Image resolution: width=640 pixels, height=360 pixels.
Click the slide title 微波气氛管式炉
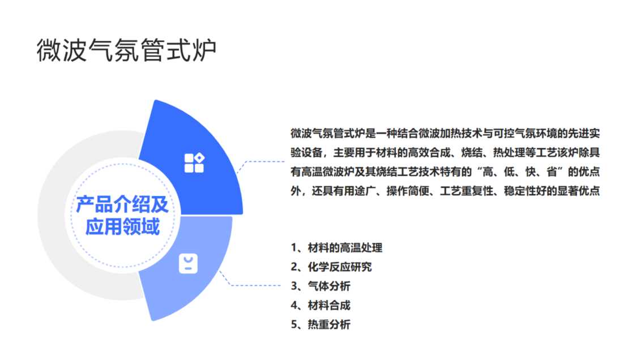pos(126,50)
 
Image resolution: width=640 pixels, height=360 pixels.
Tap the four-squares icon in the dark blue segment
pos(194,162)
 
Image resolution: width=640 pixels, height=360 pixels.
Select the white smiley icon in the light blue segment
pos(188,263)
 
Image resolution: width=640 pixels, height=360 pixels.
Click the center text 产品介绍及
pos(122,204)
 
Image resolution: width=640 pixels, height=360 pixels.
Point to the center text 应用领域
pos(122,226)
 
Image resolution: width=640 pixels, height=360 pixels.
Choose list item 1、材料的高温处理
pos(336,247)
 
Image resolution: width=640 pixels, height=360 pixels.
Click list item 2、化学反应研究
pos(331,267)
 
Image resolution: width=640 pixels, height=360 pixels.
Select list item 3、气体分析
pos(321,286)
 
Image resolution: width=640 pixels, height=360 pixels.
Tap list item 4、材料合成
pos(321,305)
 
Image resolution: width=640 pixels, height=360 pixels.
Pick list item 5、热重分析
pos(321,324)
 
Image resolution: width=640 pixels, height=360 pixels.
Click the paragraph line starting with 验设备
pos(445,152)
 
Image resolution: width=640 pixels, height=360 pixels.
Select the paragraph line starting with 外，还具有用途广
pos(445,191)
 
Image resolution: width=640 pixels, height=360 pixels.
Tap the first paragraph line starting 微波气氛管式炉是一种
pos(445,134)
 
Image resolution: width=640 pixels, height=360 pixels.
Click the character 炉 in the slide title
pos(204,50)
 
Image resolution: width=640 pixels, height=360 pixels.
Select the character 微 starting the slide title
pos(49,50)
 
